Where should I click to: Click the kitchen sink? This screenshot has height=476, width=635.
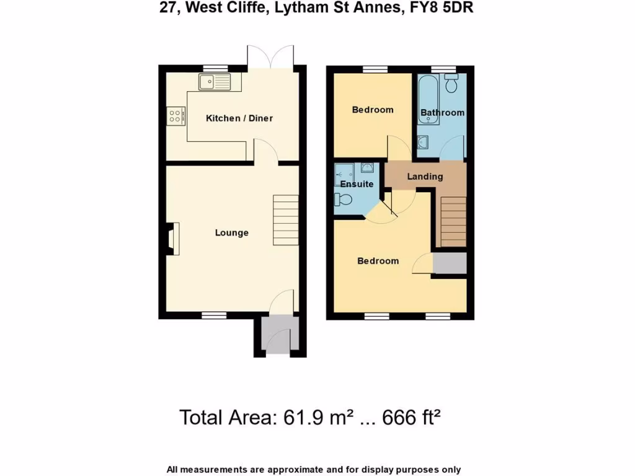215,81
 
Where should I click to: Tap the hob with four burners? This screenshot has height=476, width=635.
176,115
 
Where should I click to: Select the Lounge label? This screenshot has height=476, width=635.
231,232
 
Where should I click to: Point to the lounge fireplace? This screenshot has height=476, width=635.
172,239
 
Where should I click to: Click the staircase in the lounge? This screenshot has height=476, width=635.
286,221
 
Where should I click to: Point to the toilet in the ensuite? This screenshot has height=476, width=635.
343,200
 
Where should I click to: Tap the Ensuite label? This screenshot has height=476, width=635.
357,184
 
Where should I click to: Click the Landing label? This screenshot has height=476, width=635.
425,177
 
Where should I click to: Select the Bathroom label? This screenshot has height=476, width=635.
442,113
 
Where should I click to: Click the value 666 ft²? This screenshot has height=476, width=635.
409,417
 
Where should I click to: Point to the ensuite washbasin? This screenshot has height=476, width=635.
366,167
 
